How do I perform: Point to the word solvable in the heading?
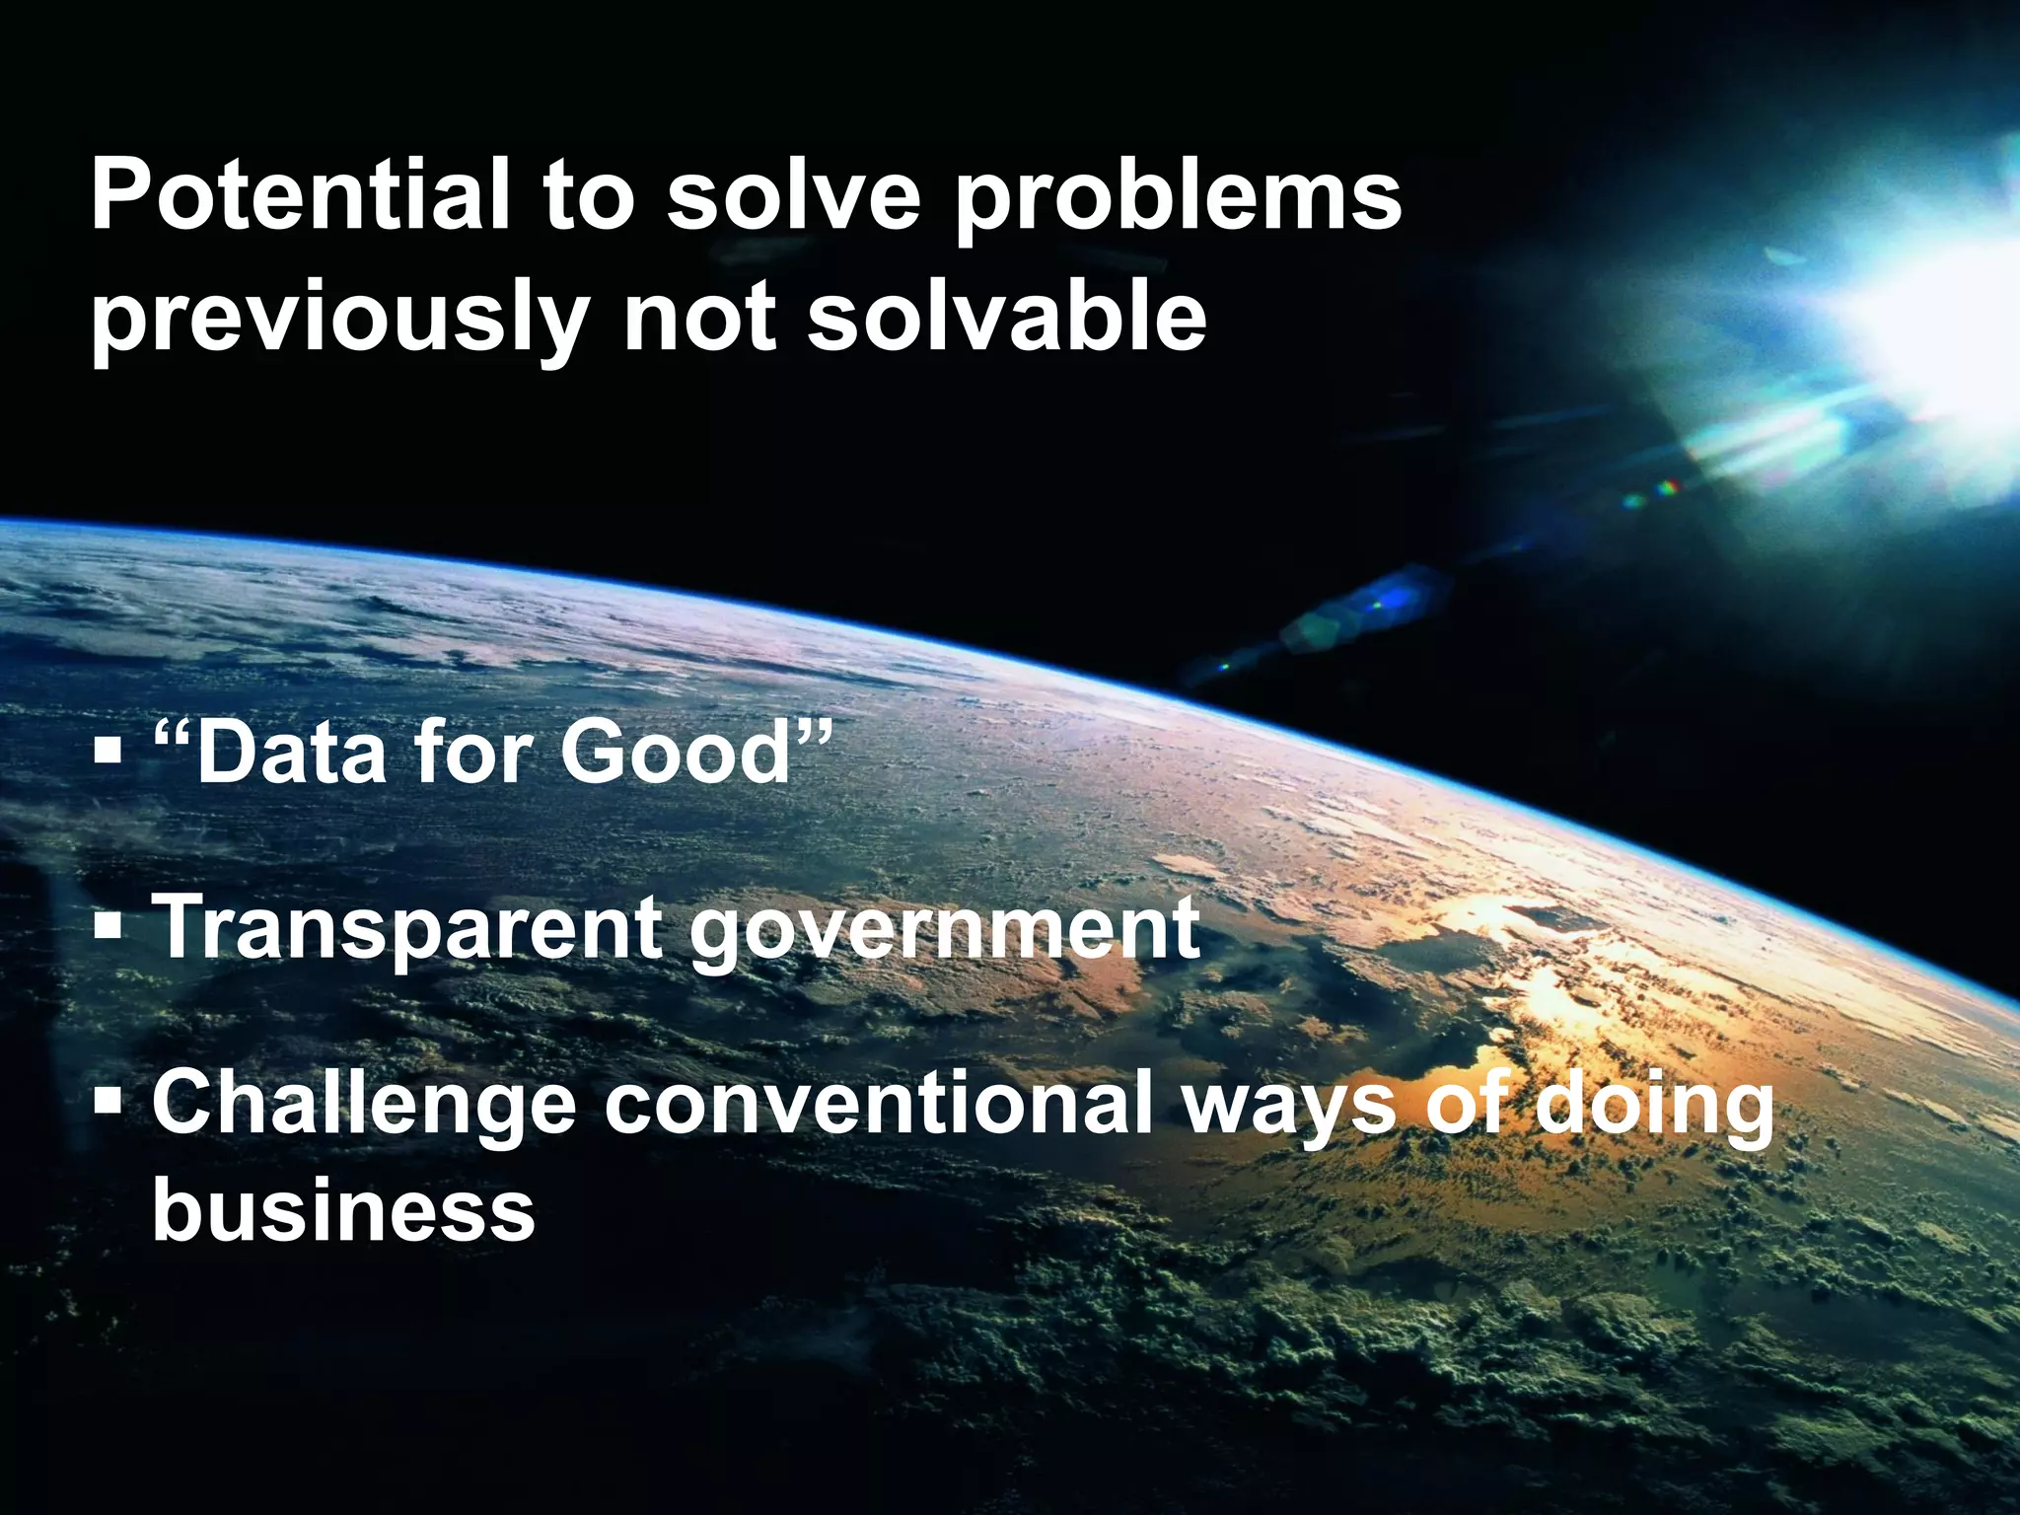pyautogui.click(x=1007, y=316)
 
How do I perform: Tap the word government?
pyautogui.click(x=944, y=932)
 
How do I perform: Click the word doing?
pyautogui.click(x=1657, y=1105)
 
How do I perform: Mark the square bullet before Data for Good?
pyautogui.click(x=108, y=755)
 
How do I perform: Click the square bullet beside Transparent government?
pyautogui.click(x=108, y=927)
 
